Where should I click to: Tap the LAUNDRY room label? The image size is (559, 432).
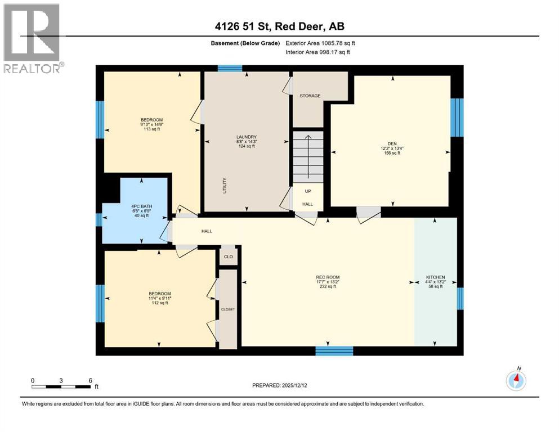pyautogui.click(x=246, y=137)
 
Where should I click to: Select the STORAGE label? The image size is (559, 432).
pyautogui.click(x=310, y=96)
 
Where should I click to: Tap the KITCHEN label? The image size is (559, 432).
pyautogui.click(x=435, y=277)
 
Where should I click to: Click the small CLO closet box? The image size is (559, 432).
pyautogui.click(x=228, y=256)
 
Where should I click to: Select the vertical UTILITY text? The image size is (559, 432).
pyautogui.click(x=223, y=184)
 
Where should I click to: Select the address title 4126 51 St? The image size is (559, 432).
pyautogui.click(x=279, y=25)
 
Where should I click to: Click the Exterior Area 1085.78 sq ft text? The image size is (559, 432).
pyautogui.click(x=320, y=43)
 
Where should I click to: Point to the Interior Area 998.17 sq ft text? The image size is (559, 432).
pyautogui.click(x=318, y=52)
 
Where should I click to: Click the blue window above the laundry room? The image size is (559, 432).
pyautogui.click(x=230, y=69)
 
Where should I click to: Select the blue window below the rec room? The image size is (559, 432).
pyautogui.click(x=334, y=351)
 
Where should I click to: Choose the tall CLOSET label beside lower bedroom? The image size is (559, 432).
pyautogui.click(x=227, y=309)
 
